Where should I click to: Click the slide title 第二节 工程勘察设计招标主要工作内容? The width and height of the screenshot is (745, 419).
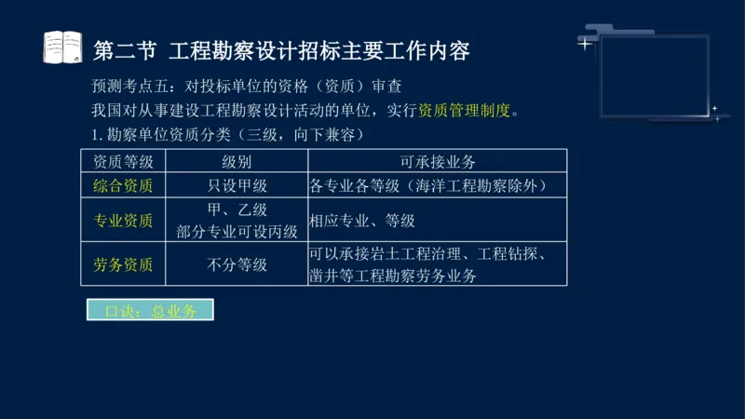click(281, 48)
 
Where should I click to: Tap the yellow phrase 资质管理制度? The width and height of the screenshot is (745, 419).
click(465, 111)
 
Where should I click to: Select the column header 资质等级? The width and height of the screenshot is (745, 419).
click(124, 161)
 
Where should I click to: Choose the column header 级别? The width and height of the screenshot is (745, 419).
click(237, 161)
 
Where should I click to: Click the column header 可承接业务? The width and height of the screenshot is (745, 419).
click(437, 161)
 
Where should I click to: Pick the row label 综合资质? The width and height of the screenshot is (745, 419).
click(124, 185)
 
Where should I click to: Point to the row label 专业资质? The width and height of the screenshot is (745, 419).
click(124, 221)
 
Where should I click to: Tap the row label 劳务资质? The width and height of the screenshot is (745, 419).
click(124, 264)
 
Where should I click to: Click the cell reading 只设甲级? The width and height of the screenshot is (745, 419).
click(237, 185)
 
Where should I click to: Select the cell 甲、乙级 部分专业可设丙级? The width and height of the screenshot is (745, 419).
click(237, 221)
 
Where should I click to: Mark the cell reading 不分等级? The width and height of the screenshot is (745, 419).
click(237, 264)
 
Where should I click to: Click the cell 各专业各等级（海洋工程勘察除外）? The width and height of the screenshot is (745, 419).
click(427, 185)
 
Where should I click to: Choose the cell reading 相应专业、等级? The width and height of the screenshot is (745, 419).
click(362, 221)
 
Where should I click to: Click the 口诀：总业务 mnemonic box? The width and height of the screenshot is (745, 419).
click(149, 311)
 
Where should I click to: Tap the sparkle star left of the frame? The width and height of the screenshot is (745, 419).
click(584, 43)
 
